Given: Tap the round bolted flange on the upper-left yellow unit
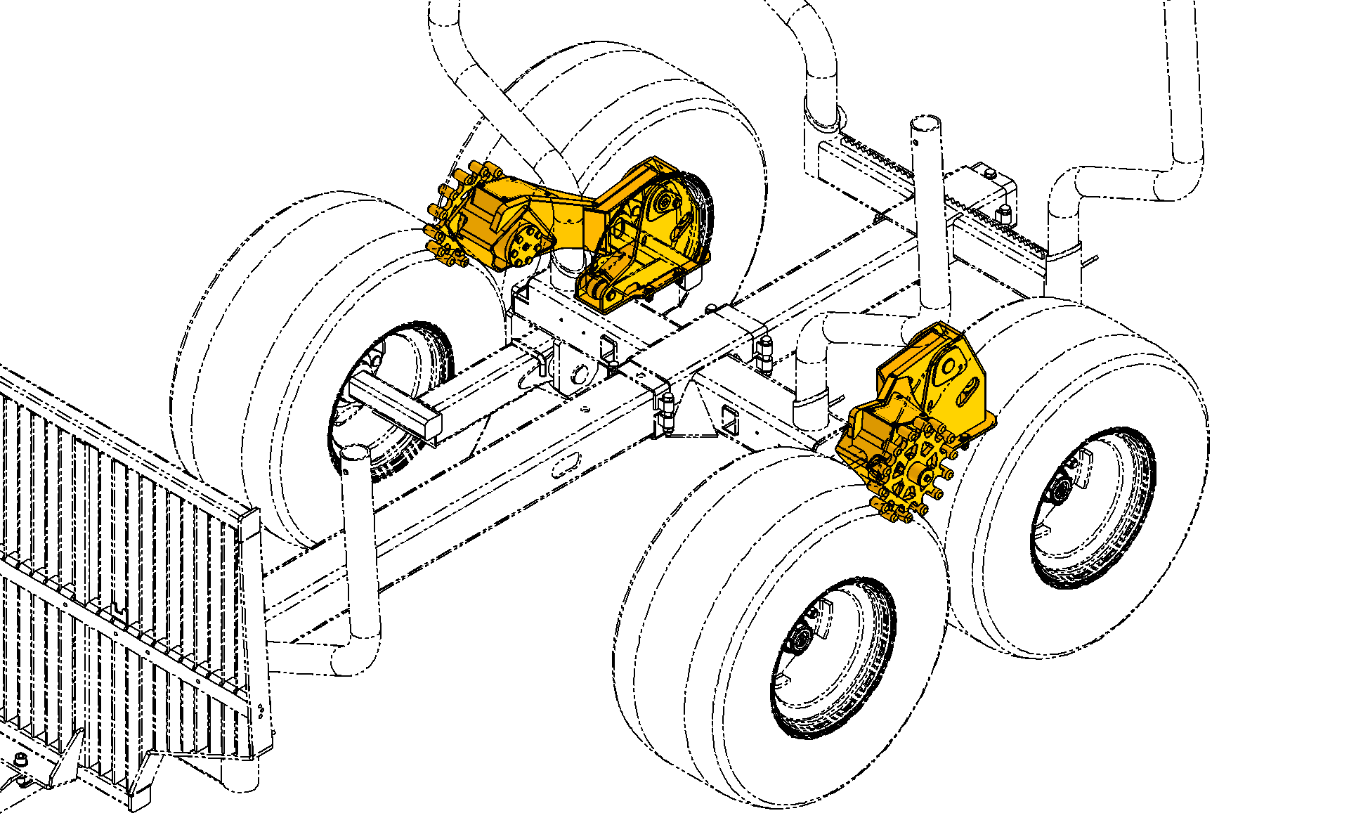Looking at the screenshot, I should [527, 245].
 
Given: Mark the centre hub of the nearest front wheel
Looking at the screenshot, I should [800, 639].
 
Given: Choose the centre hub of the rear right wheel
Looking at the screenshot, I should [1058, 488].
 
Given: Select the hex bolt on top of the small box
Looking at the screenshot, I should [989, 172].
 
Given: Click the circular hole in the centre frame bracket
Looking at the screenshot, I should [579, 375].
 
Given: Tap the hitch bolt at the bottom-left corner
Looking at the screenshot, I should [21, 761].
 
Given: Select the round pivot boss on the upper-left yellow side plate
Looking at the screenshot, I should [663, 203].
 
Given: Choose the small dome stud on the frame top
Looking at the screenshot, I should [711, 308].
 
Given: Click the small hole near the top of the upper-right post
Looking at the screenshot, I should [915, 143].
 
